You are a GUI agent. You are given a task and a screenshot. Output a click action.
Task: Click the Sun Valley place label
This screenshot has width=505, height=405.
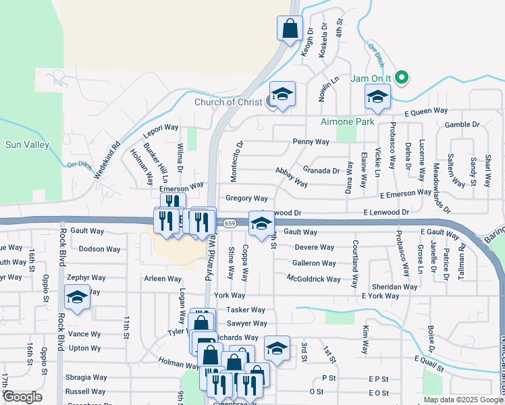pos(22,144)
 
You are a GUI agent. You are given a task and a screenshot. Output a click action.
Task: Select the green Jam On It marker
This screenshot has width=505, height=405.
pos(402,78)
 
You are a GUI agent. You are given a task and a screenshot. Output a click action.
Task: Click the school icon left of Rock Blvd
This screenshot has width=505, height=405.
pos(78,298)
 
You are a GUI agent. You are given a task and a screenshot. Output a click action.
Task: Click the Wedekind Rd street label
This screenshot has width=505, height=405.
pos(107,159)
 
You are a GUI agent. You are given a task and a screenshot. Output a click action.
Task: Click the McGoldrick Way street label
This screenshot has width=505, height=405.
pos(314,279)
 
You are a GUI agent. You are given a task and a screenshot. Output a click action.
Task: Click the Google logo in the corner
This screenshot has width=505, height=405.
pos(22,397)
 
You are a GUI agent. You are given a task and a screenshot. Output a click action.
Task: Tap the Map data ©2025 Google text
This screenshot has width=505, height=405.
pos(462,400)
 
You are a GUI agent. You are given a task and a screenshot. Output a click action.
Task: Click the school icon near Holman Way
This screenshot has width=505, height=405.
pos(277,348)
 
